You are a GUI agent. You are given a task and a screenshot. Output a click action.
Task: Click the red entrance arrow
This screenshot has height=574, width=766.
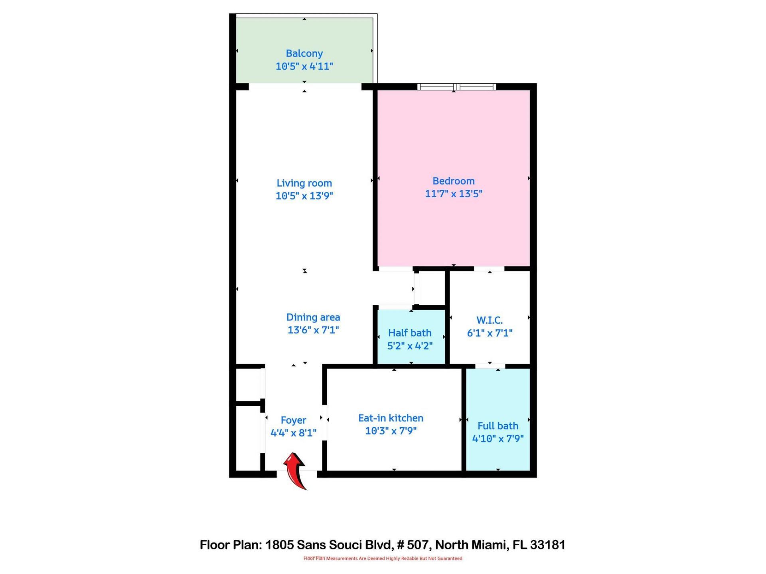tap(295, 470)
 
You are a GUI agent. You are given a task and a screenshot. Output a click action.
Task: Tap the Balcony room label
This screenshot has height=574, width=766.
tap(304, 53)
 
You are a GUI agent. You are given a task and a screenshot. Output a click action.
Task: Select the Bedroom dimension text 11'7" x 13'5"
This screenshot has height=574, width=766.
tap(453, 194)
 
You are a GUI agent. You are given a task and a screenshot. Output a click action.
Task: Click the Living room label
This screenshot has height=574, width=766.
tap(304, 183)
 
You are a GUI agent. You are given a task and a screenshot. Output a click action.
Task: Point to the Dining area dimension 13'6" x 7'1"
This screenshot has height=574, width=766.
tap(313, 330)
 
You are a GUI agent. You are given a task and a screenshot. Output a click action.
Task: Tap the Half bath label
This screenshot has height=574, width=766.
tap(410, 333)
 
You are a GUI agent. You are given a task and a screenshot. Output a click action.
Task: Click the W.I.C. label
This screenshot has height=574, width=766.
tap(490, 320)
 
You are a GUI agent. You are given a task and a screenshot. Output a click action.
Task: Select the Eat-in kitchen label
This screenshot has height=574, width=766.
tap(391, 418)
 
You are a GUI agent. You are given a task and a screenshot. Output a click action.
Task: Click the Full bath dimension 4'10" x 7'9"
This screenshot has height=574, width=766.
tap(498, 438)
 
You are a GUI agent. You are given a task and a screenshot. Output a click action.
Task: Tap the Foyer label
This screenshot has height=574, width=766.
tap(293, 420)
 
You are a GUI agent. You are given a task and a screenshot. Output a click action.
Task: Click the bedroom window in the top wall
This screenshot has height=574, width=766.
tap(456, 86)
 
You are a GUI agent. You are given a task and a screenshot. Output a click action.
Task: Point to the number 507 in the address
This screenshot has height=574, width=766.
tap(417, 545)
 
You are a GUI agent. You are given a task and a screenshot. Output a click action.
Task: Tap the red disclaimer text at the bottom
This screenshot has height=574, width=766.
tap(383, 558)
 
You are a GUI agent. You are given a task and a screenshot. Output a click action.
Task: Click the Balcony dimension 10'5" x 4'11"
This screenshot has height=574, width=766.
tap(304, 66)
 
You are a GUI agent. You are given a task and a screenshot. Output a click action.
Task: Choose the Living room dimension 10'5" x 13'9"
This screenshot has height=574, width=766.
tap(304, 196)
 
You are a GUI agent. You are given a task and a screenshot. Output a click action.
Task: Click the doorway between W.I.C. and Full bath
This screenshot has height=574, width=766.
tap(490, 366)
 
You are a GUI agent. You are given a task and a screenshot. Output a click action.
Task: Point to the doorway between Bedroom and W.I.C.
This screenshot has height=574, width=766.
tap(489, 269)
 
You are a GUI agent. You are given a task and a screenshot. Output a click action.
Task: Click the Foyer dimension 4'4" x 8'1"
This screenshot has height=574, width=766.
tap(293, 433)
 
